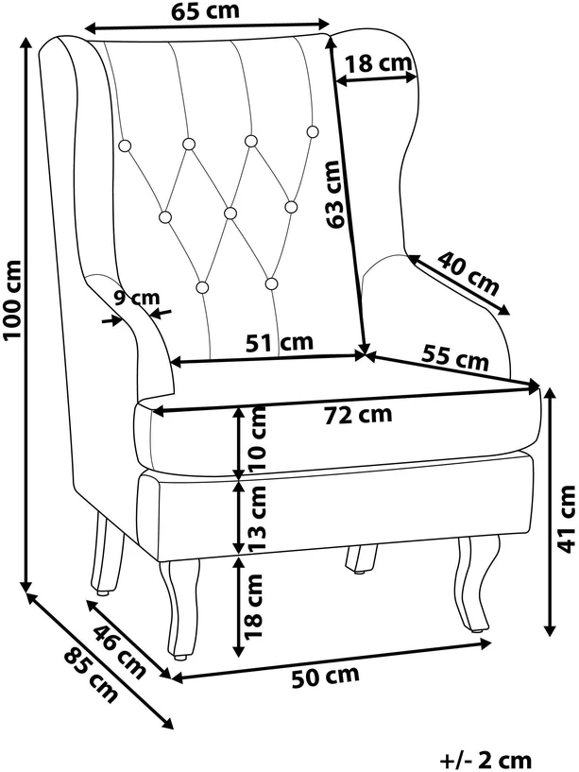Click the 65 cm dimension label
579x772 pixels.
205,10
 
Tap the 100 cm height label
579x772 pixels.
12,300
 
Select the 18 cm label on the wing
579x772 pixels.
378,63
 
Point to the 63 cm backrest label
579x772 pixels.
333,194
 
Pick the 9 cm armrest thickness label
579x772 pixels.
137,298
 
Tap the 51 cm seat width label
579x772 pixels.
280,342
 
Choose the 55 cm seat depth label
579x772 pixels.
455,356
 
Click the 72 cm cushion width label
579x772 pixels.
358,415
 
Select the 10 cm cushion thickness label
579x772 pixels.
258,438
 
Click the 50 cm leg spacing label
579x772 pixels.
326,677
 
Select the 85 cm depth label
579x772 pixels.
91,675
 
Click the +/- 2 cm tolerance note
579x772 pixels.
485,760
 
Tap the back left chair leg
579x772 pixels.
107,555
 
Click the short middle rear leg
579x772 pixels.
361,559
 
